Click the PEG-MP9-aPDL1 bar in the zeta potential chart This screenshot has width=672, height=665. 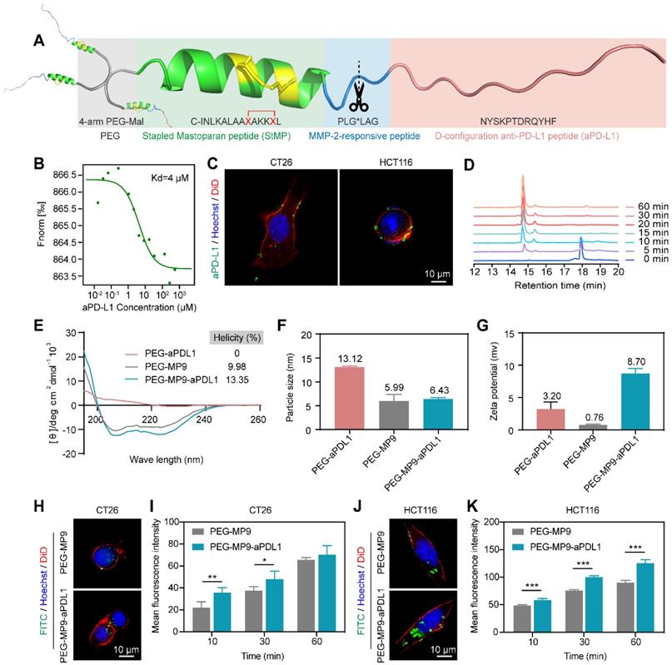point(638,402)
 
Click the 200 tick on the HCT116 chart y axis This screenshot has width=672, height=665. point(493,524)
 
